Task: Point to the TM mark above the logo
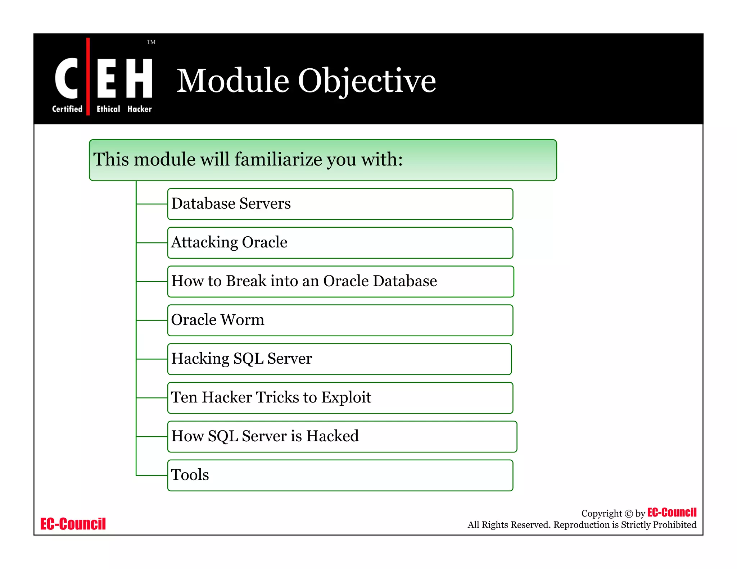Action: pyautogui.click(x=151, y=42)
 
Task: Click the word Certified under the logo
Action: pyautogui.click(x=67, y=109)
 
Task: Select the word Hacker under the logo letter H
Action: pyautogui.click(x=140, y=109)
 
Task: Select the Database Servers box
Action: pyautogui.click(x=340, y=204)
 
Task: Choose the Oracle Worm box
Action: pyautogui.click(x=340, y=320)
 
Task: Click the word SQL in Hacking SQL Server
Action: pyautogui.click(x=248, y=359)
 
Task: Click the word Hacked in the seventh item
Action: pyautogui.click(x=333, y=436)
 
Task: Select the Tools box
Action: pyautogui.click(x=340, y=475)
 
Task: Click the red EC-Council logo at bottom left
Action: pyautogui.click(x=73, y=524)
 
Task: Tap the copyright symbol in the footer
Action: pyautogui.click(x=628, y=514)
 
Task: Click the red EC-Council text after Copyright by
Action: pyautogui.click(x=672, y=512)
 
